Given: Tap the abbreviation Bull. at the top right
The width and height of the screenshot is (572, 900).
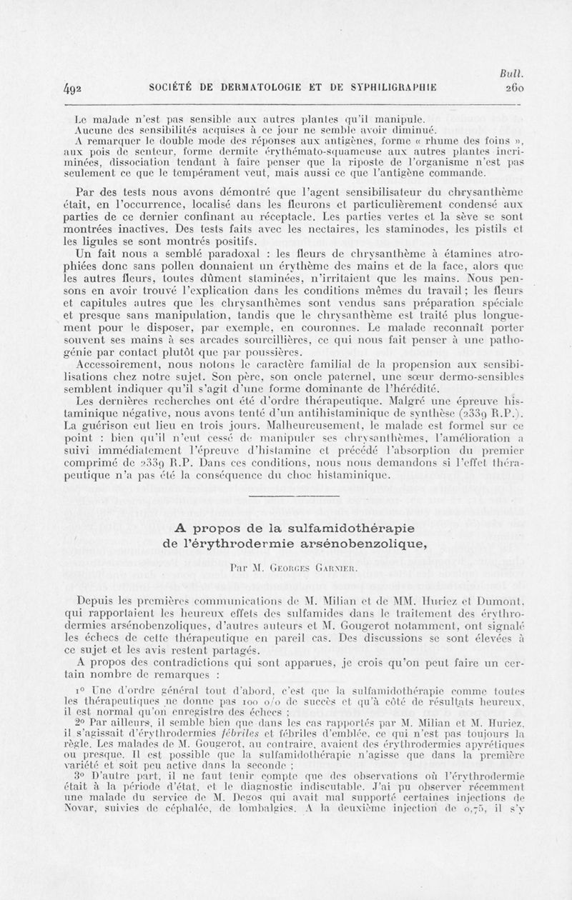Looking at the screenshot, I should tap(514, 73).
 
